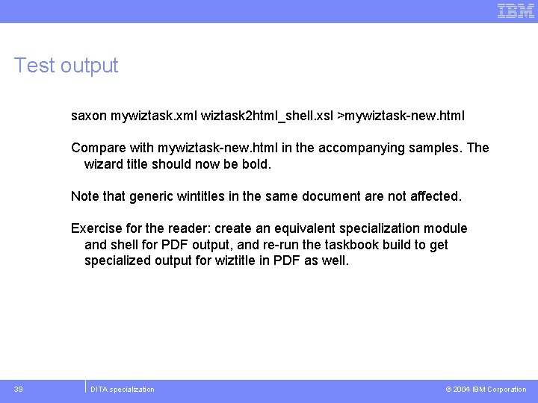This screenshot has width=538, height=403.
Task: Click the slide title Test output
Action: pos(66,66)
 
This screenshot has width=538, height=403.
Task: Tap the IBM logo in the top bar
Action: pos(516,10)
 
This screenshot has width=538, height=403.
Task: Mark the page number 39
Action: pos(18,390)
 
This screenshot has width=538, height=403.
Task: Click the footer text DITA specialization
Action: pos(123,390)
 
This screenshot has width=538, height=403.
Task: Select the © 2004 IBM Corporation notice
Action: pos(486,390)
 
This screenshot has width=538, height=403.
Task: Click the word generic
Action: pos(151,196)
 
